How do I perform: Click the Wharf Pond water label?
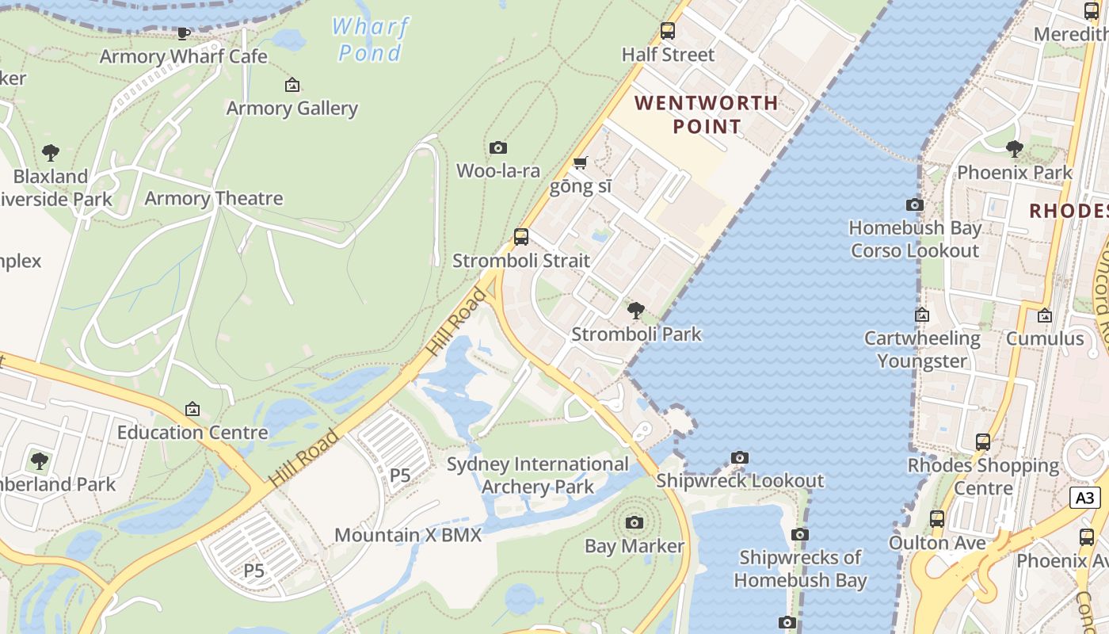point(370,40)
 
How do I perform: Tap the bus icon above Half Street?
point(668,31)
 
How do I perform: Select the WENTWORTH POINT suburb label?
point(706,114)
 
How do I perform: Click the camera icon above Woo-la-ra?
point(498,147)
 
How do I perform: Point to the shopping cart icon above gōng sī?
point(581,162)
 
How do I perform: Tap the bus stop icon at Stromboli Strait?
point(521,236)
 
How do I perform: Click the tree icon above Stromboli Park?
point(635,310)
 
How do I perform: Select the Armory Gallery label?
point(292,108)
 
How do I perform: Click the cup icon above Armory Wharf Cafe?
point(184,33)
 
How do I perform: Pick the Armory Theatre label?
point(214,198)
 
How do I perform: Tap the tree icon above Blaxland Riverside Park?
point(51,152)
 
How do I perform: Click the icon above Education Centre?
point(192,409)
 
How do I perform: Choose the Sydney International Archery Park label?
point(538,475)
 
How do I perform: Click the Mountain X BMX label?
point(408,535)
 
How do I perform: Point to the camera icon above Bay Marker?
point(634,522)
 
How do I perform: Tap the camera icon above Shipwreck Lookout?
point(740,457)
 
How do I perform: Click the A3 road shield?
point(1085,498)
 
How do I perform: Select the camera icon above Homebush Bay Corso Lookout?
point(915,204)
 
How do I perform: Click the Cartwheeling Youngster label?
point(922,349)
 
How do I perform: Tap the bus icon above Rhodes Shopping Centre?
point(983,442)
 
